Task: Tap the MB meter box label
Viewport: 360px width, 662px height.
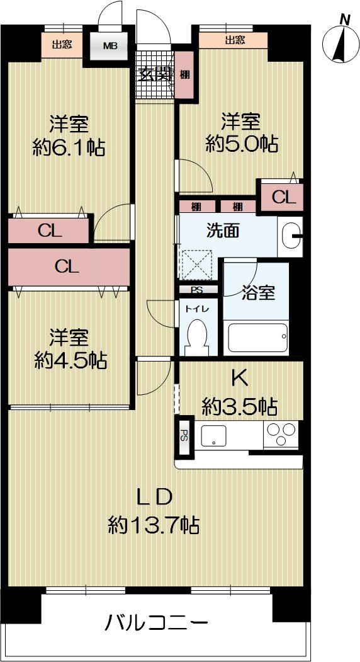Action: (110, 45)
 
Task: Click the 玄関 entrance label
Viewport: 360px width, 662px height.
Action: (155, 74)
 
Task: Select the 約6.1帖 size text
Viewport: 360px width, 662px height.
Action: (69, 147)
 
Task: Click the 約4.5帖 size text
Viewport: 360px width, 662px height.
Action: (70, 360)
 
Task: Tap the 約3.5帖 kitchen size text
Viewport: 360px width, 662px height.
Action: (239, 407)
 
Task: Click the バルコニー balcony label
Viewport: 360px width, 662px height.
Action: (155, 625)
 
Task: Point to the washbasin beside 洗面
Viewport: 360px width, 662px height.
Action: (291, 235)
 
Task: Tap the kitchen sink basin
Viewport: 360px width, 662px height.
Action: (215, 435)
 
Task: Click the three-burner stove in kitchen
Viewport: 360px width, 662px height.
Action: (280, 433)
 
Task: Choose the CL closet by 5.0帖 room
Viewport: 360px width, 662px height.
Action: (283, 197)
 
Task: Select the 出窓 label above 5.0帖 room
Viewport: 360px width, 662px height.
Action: (235, 40)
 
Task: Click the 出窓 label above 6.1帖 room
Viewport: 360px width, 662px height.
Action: (61, 44)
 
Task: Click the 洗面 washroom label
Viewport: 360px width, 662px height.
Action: (223, 231)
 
